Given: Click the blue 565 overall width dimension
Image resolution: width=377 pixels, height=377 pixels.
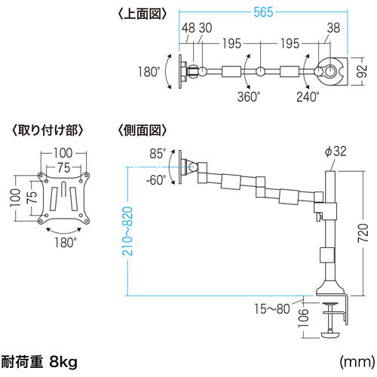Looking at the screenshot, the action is (263, 12).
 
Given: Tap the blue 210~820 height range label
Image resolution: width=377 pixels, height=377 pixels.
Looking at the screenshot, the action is (127, 231).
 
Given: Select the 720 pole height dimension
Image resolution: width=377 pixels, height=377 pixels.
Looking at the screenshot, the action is (363, 233).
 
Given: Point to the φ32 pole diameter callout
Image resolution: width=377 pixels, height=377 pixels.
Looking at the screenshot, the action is (336, 152).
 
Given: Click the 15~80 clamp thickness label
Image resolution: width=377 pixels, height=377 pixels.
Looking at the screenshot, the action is (272, 309).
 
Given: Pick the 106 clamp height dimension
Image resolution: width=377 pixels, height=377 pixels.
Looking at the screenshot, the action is (303, 317).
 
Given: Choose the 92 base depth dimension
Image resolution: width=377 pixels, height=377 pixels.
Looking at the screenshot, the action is (362, 72).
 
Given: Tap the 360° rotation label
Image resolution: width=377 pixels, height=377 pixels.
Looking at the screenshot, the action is (249, 97).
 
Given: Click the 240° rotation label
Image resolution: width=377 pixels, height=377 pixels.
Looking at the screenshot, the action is (308, 97).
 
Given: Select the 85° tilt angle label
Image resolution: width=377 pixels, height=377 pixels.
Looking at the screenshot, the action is (158, 154).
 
